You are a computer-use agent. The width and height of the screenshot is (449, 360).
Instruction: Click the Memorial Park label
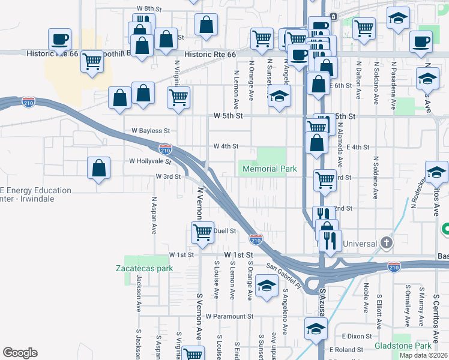click(270, 169)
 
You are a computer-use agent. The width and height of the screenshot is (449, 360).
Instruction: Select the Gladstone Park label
click(403, 346)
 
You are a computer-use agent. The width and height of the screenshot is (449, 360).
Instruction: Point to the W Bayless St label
click(151, 130)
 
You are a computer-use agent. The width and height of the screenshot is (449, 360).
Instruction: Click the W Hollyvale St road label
click(150, 161)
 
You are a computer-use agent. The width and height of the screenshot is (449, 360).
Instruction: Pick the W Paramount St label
click(229, 316)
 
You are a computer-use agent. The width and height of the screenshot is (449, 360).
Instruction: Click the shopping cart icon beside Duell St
click(203, 232)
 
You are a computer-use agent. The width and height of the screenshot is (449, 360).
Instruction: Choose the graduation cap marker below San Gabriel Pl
click(266, 286)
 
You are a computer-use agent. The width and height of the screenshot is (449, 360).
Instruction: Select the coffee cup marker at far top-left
click(60, 40)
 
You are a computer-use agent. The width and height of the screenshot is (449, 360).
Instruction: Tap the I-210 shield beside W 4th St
click(166, 148)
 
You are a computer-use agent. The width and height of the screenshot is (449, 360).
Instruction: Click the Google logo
click(20, 353)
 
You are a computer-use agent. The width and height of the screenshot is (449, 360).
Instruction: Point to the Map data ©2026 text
click(423, 355)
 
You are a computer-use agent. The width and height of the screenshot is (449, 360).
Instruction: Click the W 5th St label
click(228, 115)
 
